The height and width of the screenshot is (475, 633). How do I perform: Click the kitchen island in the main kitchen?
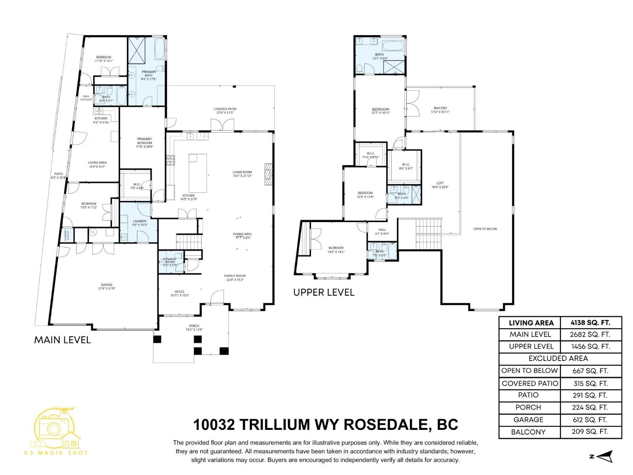(x=197, y=173)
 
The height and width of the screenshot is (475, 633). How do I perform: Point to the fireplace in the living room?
(x=269, y=174)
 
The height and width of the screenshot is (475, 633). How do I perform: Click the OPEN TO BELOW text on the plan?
(x=485, y=229)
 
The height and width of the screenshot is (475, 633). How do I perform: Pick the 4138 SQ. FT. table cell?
(x=590, y=323)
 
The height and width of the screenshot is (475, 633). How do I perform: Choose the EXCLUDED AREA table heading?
(x=558, y=359)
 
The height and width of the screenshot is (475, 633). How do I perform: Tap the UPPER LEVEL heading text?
(x=324, y=293)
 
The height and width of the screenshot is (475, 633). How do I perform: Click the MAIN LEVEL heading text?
(x=63, y=340)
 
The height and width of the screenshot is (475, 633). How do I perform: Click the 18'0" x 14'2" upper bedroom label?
(x=335, y=249)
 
